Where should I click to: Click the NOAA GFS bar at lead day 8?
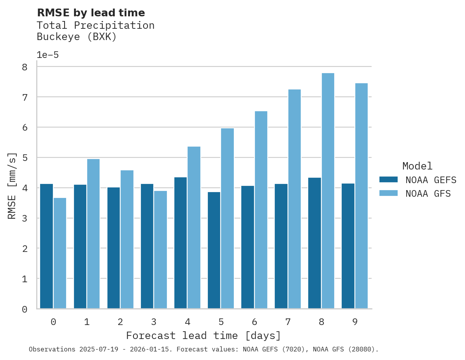coord(328,191)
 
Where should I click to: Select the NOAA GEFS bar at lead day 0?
coord(47,246)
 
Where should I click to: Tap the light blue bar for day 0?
coord(60,253)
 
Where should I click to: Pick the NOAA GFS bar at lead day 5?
coord(227,218)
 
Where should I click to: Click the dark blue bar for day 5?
coord(214,250)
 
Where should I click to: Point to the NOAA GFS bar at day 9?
coord(361,196)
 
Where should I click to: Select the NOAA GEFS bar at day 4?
coord(181,243)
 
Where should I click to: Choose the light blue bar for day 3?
coord(160,250)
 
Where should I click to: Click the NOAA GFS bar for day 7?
coord(294,199)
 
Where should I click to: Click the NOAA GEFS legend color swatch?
coord(388,179)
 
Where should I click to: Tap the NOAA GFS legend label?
coord(428,194)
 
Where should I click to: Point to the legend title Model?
coord(417,166)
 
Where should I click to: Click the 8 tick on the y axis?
coord(25,67)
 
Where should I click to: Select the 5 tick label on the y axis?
coord(25,158)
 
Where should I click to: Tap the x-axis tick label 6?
coord(254,322)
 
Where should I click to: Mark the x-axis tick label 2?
coord(120,322)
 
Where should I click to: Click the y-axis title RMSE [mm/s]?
coord(12,186)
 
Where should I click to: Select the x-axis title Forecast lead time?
coord(203,336)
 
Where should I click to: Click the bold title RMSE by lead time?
coord(91,13)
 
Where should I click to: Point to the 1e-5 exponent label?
coord(47,55)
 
